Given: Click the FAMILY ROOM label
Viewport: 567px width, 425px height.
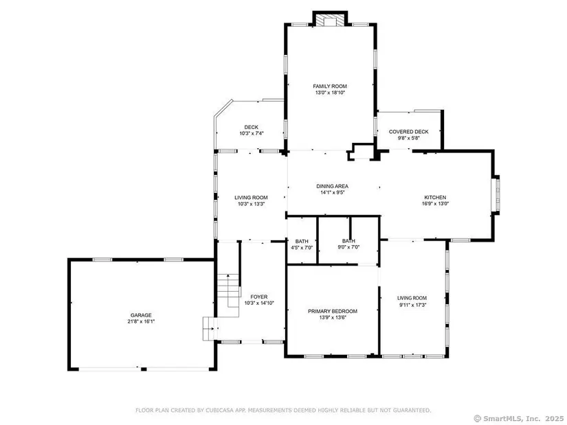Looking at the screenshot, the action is pyautogui.click(x=330, y=86).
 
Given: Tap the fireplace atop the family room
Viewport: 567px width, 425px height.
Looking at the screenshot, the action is pyautogui.click(x=330, y=19).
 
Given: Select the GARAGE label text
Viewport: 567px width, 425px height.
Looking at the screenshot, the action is pyautogui.click(x=141, y=315).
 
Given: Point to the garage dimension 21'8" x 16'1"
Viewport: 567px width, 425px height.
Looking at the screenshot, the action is pyautogui.click(x=141, y=321).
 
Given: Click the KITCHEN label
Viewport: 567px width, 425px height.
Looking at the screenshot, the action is pyautogui.click(x=435, y=197).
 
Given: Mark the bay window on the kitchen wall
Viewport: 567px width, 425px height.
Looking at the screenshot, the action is pyautogui.click(x=497, y=195).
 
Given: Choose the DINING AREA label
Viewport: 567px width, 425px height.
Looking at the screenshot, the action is pyautogui.click(x=333, y=186).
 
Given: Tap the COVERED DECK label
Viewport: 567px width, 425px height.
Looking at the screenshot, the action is pyautogui.click(x=409, y=132).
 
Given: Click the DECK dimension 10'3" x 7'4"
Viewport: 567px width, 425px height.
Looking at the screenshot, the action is pyautogui.click(x=252, y=133).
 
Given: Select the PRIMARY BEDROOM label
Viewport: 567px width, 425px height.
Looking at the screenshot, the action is pyautogui.click(x=333, y=311).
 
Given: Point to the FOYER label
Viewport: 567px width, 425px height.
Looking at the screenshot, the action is pyautogui.click(x=259, y=297).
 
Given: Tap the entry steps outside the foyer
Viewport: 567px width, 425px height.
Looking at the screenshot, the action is pyautogui.click(x=210, y=328).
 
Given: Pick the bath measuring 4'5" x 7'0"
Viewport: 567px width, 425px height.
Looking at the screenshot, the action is pyautogui.click(x=302, y=244).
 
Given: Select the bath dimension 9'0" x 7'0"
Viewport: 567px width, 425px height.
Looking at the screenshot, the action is pyautogui.click(x=348, y=247).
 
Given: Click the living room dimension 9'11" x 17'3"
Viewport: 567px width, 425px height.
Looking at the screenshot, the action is pyautogui.click(x=412, y=304).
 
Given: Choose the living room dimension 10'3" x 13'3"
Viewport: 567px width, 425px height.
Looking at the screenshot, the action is pyautogui.click(x=252, y=203).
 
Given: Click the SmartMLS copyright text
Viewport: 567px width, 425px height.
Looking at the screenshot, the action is pyautogui.click(x=518, y=419).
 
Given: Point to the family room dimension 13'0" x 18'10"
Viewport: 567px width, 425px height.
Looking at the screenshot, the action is pyautogui.click(x=330, y=93).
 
